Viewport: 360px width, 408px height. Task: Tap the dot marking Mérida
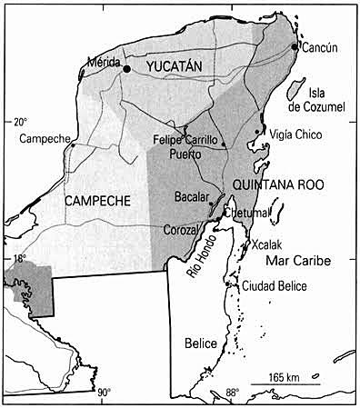127,69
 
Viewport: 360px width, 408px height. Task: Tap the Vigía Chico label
293,134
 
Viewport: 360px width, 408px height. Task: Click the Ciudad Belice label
273,287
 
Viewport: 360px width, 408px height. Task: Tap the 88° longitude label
233,393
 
